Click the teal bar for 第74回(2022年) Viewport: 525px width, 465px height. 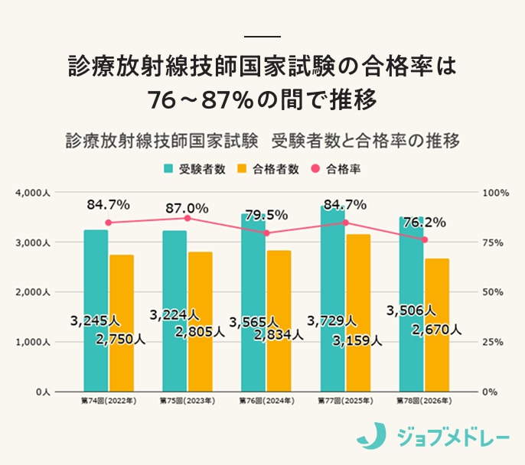[x=96, y=310]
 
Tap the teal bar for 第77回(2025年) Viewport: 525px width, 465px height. [x=332, y=298]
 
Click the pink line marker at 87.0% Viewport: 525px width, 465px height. [x=187, y=218]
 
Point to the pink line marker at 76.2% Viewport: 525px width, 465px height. [x=425, y=239]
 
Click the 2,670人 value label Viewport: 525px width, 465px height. [x=436, y=330]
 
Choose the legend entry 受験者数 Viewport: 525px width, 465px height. [x=194, y=169]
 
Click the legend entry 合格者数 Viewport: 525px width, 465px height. [x=268, y=169]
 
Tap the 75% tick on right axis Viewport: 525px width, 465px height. [x=493, y=242]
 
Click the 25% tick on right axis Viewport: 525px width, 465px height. [x=493, y=342]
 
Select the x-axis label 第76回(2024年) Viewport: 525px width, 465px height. [x=266, y=400]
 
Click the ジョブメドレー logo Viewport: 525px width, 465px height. [x=432, y=437]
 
